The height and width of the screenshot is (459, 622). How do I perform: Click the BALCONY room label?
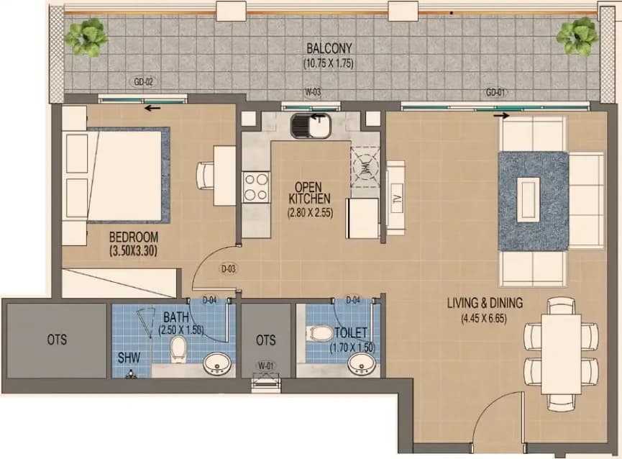coord(329,48)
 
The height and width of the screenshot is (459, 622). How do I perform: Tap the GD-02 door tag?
coord(143,82)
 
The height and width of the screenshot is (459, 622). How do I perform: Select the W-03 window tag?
coord(313,92)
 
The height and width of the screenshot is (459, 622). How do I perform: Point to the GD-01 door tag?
coord(495,92)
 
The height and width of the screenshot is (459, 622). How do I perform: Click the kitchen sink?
coord(311,126)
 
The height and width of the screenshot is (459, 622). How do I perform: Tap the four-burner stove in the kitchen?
coord(256,187)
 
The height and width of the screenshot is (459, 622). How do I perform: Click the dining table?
coord(561,354)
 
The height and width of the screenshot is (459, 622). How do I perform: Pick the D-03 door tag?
coord(229,269)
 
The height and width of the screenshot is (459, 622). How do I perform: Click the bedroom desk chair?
coord(206,176)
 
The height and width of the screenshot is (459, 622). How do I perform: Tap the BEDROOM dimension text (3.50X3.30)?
coord(134,251)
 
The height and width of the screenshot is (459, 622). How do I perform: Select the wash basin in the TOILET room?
coord(362,364)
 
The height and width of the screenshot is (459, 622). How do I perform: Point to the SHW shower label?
coord(129,358)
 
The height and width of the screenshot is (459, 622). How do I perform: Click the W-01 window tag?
coord(266,365)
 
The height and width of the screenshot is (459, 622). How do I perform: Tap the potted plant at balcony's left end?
coord(86,37)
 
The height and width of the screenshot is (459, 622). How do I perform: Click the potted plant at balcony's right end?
coord(577,36)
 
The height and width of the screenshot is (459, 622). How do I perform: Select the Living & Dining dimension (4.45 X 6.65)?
coord(484,318)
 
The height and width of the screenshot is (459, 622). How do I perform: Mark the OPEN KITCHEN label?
coord(309,193)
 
